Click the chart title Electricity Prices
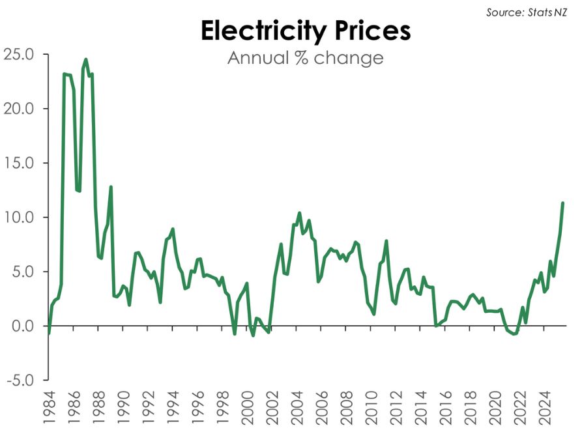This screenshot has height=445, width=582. point(306,31)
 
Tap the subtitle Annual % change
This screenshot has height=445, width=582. point(306,58)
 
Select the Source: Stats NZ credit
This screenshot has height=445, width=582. point(527,12)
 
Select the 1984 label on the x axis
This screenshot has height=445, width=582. point(49,408)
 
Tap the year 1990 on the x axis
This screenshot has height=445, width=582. point(123,408)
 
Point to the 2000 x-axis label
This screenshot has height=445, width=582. point(247,408)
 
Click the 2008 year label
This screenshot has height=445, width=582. point(346,408)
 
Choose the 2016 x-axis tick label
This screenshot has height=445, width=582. point(445,408)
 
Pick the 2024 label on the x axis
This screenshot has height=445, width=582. point(544,408)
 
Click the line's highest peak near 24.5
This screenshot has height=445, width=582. point(86,59)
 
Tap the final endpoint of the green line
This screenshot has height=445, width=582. point(562,203)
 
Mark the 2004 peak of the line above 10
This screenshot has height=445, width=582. point(299,213)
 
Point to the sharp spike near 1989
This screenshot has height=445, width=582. point(111,187)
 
